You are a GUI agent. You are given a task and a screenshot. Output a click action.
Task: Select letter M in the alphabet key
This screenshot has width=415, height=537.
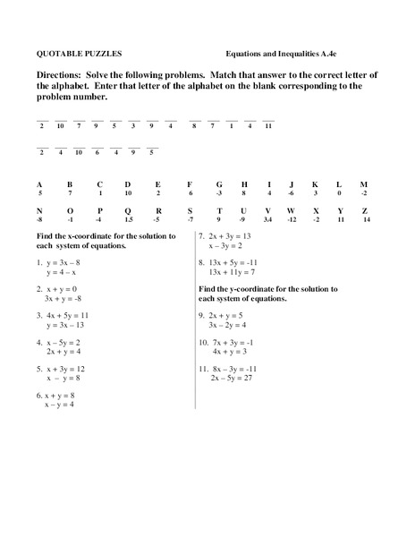coord(363,183)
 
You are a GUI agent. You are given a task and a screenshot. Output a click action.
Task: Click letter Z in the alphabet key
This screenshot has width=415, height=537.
coord(365,210)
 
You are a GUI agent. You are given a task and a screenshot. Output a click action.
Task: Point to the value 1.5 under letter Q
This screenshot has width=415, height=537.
coord(129,219)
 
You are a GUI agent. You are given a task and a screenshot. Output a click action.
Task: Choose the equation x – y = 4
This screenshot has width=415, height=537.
coord(59,404)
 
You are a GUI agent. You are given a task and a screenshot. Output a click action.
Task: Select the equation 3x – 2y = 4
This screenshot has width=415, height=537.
coord(231,325)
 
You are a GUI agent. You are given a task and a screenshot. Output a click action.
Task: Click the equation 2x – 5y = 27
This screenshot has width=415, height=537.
coord(234,378)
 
